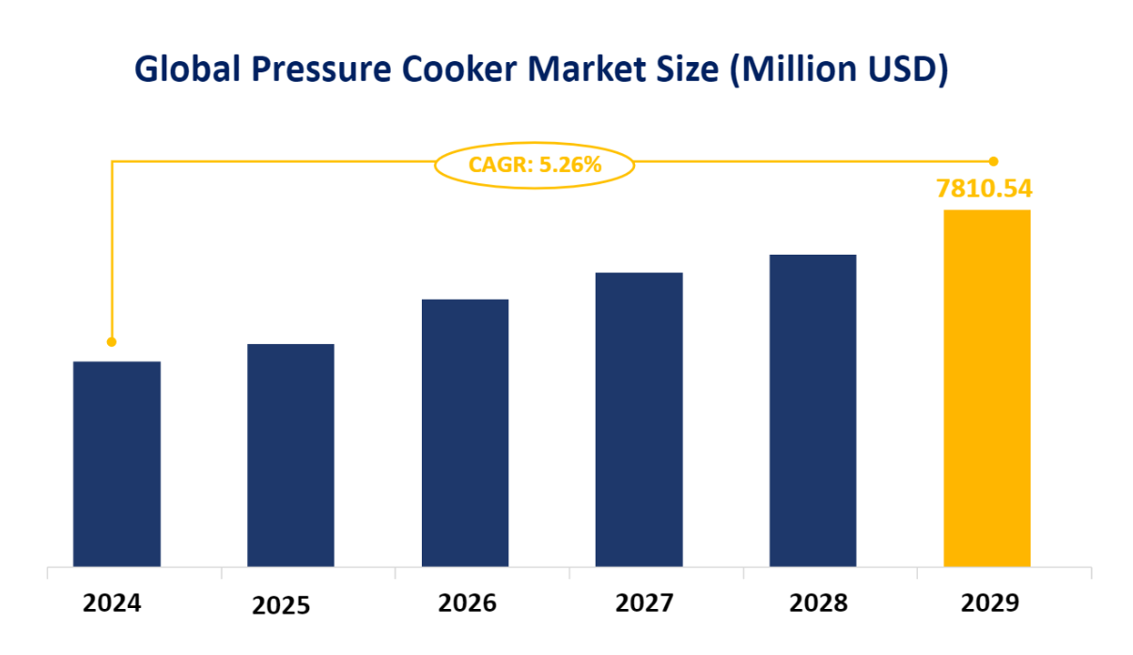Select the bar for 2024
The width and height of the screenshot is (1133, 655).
(116, 463)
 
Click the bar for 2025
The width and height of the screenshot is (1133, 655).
(290, 455)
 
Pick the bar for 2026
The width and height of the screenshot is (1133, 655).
(465, 432)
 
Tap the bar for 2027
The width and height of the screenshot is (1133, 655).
(639, 419)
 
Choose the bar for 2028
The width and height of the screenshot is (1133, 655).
(813, 410)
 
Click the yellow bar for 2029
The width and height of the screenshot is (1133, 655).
(986, 387)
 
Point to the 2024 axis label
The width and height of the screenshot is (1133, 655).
(112, 602)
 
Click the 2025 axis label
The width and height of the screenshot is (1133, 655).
(281, 605)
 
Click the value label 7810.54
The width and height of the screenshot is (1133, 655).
(985, 189)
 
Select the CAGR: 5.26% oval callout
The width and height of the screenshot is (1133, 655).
(535, 165)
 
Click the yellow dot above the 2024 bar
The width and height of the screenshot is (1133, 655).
(112, 342)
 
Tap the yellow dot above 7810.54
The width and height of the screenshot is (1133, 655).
(994, 162)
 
